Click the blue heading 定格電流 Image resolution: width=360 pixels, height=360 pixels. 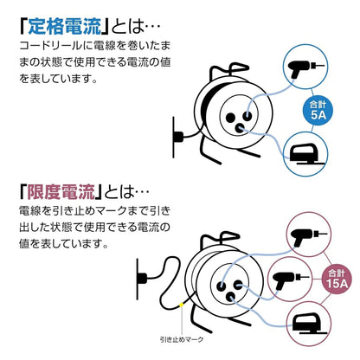click(x=65, y=27)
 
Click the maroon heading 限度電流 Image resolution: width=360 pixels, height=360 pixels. click(x=61, y=192)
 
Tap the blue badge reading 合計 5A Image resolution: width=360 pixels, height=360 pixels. click(x=318, y=111)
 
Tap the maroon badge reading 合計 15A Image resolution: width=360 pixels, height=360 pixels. click(x=337, y=279)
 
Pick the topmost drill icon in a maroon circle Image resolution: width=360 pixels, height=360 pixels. click(x=308, y=237)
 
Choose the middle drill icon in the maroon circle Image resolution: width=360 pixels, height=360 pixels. click(x=291, y=280)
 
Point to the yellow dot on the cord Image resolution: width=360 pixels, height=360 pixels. click(x=181, y=305)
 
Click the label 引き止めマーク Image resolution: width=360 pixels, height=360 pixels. click(x=182, y=339)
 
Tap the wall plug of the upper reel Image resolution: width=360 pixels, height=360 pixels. click(x=177, y=137)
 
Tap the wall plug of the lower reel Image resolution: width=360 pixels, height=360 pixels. click(x=142, y=279)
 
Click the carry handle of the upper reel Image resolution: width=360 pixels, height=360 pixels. click(x=228, y=71)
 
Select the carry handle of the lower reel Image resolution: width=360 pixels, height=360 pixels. click(x=220, y=239)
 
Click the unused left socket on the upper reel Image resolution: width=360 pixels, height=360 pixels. click(x=230, y=118)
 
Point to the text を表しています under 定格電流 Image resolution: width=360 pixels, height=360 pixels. click(x=58, y=79)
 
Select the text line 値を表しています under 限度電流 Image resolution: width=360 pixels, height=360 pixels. click(x=64, y=244)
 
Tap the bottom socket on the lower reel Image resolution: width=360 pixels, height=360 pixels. click(x=230, y=296)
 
